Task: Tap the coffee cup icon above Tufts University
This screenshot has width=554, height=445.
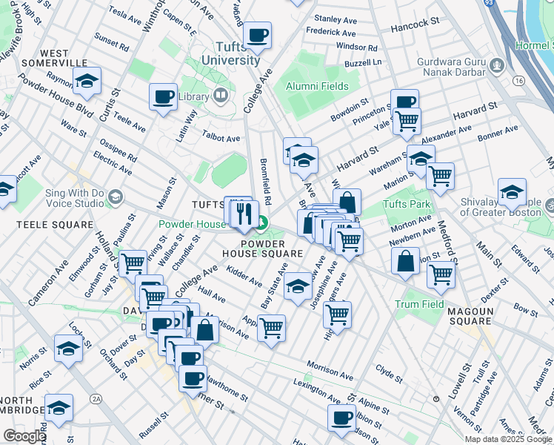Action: pyautogui.click(x=258, y=35)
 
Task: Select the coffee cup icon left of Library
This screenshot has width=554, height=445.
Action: pyautogui.click(x=163, y=96)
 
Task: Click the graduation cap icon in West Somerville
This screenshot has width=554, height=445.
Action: pyautogui.click(x=87, y=81)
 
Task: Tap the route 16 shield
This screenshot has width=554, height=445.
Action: pyautogui.click(x=517, y=79)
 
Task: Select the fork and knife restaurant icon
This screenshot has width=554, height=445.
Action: pyautogui.click(x=243, y=214)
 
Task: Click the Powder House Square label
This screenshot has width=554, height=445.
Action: pyautogui.click(x=263, y=248)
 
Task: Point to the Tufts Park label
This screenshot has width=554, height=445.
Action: pyautogui.click(x=406, y=204)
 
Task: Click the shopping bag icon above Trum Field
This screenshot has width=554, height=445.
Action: pyautogui.click(x=405, y=261)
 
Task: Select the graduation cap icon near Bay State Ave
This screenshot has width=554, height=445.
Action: pyautogui.click(x=298, y=287)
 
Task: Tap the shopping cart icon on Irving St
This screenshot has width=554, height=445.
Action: pyautogui.click(x=133, y=263)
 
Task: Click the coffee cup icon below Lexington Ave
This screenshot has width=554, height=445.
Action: pyautogui.click(x=341, y=418)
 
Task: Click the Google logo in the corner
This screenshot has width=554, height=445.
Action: pyautogui.click(x=24, y=435)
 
